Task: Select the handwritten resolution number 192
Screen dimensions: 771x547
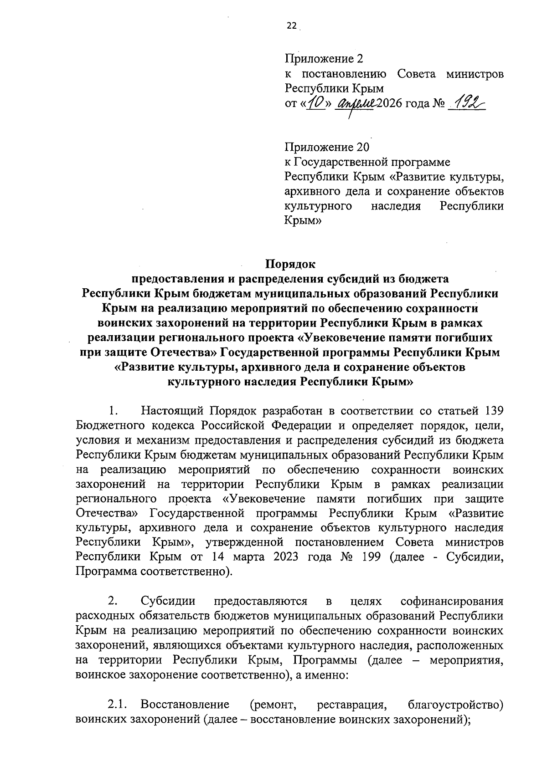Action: [x=466, y=104]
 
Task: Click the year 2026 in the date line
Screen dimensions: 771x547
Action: [x=390, y=104]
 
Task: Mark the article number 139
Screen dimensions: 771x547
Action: [x=493, y=411]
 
